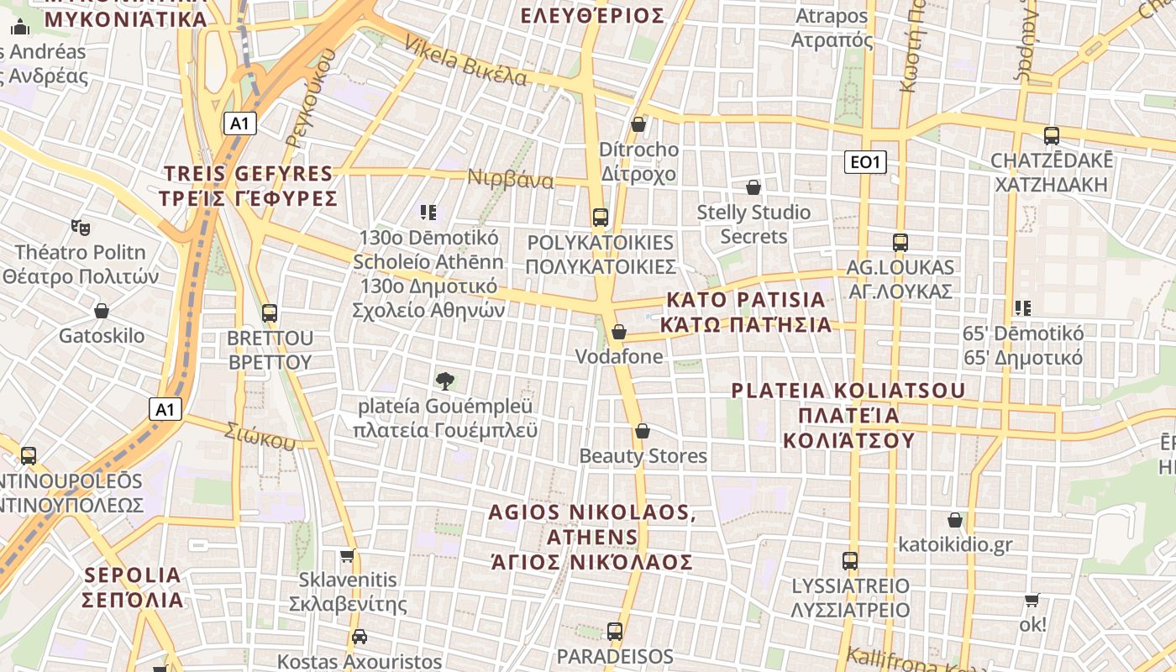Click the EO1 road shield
click(x=865, y=162)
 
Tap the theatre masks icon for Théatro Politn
click(x=81, y=227)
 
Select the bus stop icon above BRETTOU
click(x=270, y=313)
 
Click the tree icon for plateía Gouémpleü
click(x=445, y=381)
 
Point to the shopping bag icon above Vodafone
click(x=619, y=332)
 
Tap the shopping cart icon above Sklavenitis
click(x=347, y=555)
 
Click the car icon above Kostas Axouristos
click(x=360, y=637)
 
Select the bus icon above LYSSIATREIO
click(x=850, y=560)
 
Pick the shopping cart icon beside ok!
click(x=1032, y=600)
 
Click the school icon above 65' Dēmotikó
click(x=1022, y=308)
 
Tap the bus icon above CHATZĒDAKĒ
click(x=1051, y=135)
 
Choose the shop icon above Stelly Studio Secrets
click(x=753, y=187)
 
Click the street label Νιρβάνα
click(x=511, y=180)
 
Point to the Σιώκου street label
click(x=260, y=434)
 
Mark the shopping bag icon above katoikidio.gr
click(x=955, y=520)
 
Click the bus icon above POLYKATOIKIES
click(x=600, y=218)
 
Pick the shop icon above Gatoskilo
click(x=102, y=311)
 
